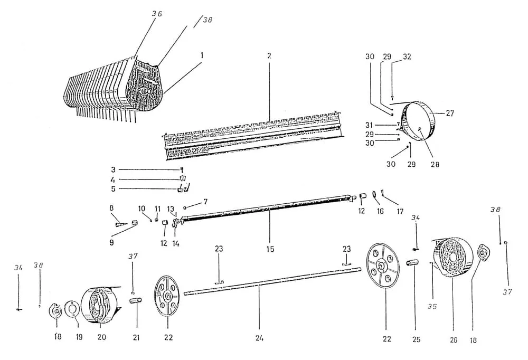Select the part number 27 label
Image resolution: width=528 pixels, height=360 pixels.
[x=449, y=113]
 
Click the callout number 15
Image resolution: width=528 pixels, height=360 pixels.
[x=270, y=249]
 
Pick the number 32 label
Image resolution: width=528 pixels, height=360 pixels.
[x=407, y=56]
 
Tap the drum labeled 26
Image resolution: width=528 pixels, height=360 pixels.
[x=451, y=258]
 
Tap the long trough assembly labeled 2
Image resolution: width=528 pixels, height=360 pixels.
[x=253, y=135]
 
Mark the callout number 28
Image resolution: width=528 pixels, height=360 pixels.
[x=434, y=165]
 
